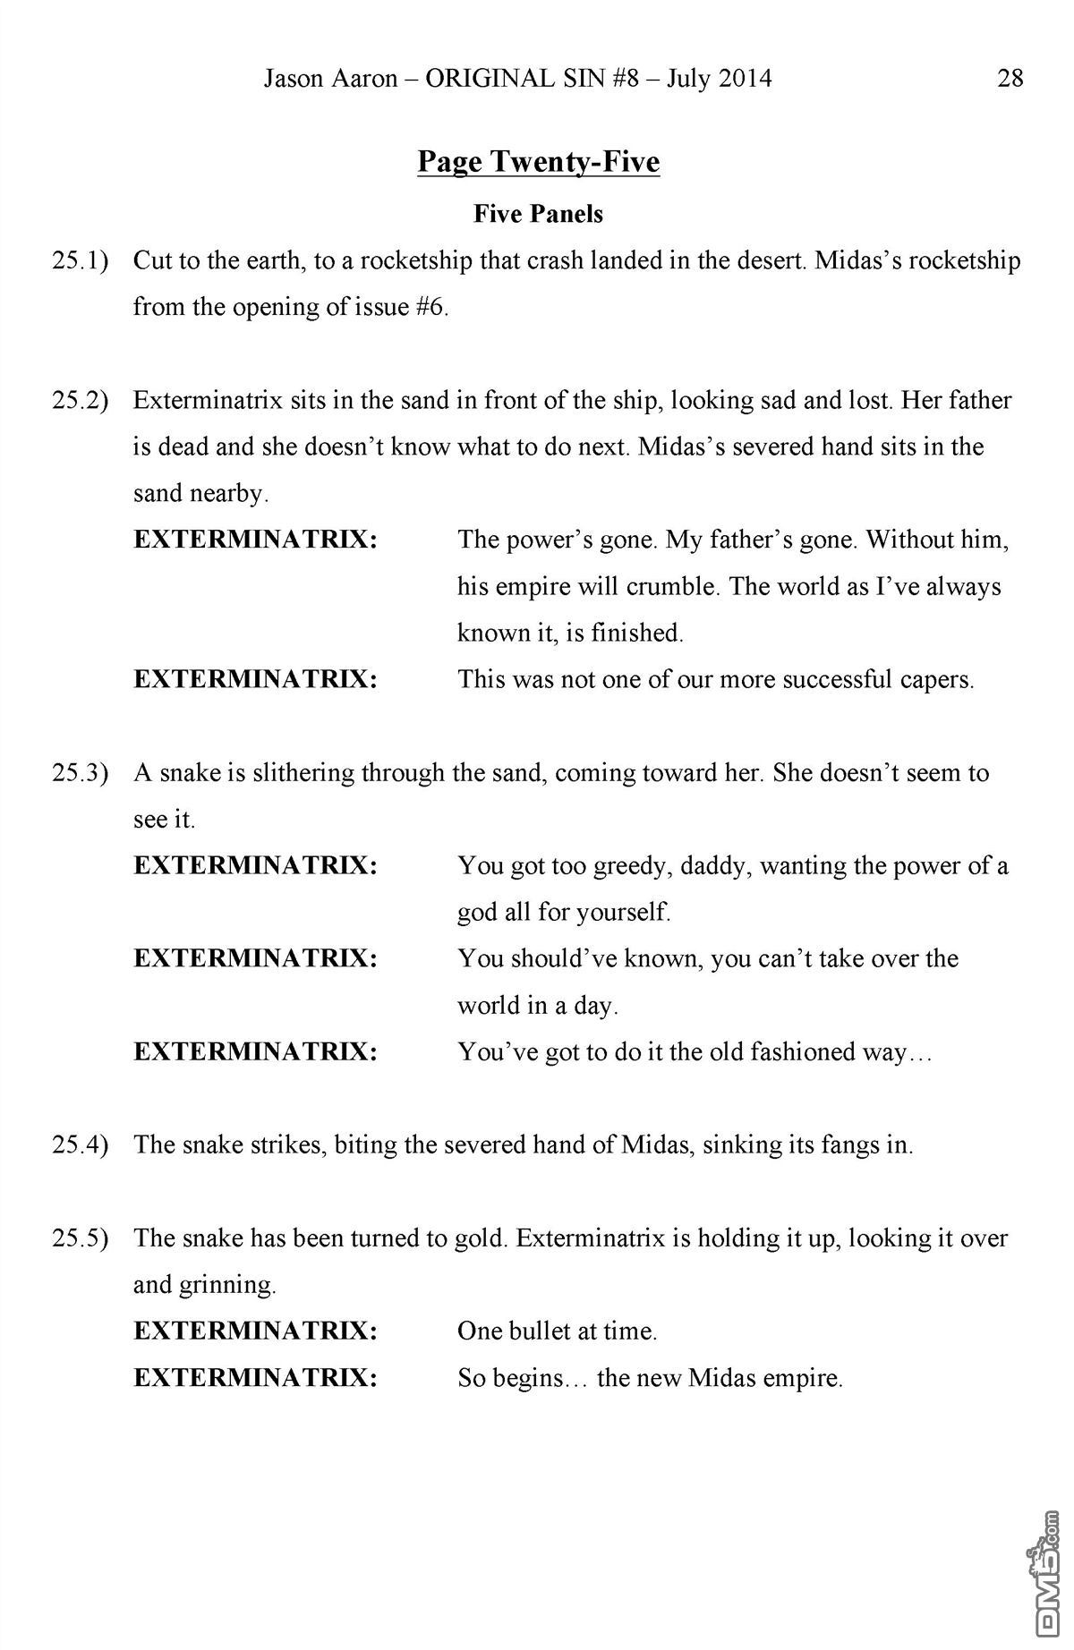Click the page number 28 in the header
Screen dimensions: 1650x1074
1010,79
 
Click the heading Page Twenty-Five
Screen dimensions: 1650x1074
539,162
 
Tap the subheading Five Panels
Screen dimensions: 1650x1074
539,214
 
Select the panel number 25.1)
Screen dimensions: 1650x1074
81,261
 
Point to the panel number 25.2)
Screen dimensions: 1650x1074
81,401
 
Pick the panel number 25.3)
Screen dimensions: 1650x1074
81,773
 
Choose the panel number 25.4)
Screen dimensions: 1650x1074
81,1145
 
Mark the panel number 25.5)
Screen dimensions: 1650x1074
81,1238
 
